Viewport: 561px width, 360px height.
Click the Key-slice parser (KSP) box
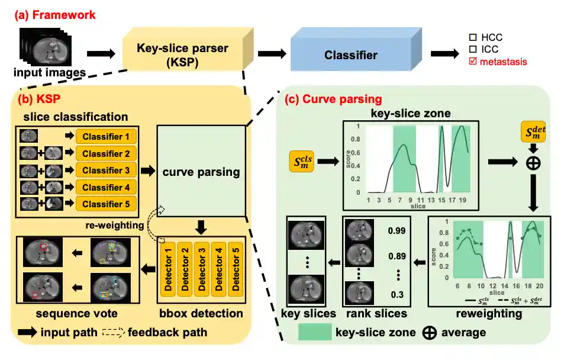[183, 54]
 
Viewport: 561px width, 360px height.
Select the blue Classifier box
[350, 55]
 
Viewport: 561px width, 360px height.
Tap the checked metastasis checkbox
[473, 62]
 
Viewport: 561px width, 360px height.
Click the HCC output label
[491, 38]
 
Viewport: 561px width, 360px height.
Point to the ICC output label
[491, 50]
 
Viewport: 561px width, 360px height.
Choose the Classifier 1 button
[106, 137]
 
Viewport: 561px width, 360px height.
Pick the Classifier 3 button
[106, 171]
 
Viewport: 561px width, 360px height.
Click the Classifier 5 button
[106, 204]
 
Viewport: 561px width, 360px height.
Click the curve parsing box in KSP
[201, 172]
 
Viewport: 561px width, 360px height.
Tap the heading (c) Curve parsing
[334, 99]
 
